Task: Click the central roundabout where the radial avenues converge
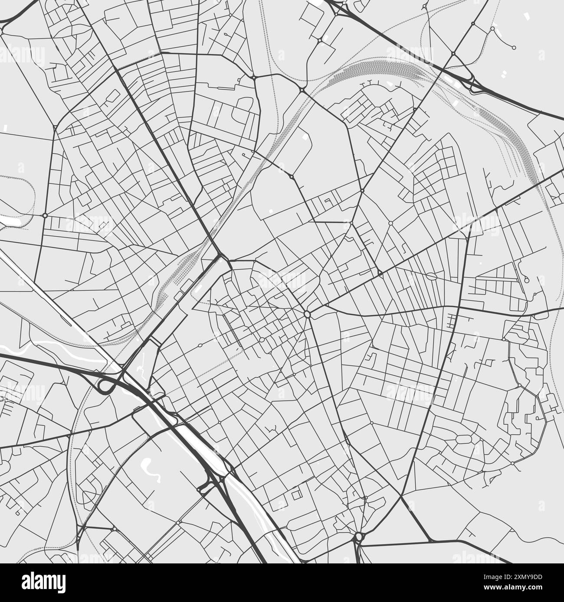307,314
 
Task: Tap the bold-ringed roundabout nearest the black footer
358,537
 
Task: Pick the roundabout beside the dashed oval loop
45,215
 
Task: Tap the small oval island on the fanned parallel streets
431,276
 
